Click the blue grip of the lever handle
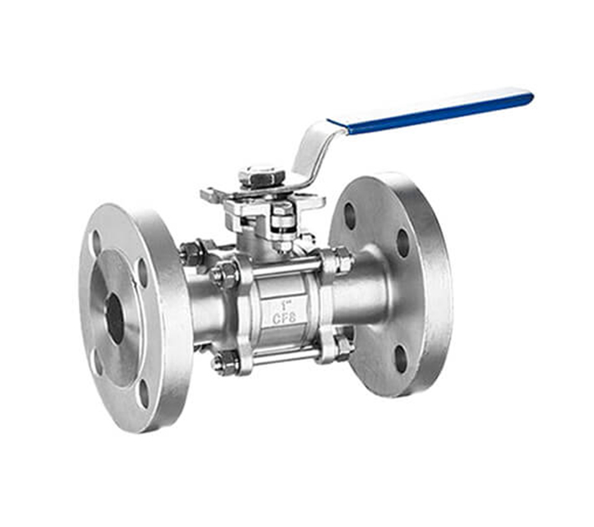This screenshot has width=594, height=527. (435, 111)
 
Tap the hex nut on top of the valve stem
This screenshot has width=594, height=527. (261, 177)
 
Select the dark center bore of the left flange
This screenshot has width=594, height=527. (114, 317)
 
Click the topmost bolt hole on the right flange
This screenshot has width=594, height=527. (350, 215)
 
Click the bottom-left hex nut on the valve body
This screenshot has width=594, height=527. (223, 362)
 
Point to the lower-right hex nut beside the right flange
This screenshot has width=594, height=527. (341, 345)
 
